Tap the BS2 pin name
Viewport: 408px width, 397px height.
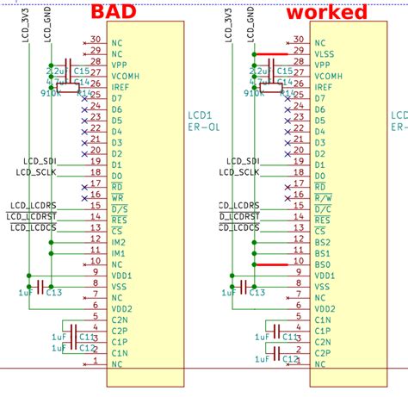point(322,243)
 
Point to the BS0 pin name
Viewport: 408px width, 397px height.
point(322,265)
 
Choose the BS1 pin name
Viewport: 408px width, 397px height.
point(322,254)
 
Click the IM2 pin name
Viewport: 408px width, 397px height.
point(118,243)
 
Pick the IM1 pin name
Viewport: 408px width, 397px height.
point(118,254)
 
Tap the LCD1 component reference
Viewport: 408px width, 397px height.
point(200,115)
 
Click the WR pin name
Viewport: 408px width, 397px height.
point(118,198)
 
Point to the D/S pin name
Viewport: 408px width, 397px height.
point(118,209)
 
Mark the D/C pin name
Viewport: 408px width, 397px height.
point(323,209)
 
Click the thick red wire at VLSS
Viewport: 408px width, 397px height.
point(270,53)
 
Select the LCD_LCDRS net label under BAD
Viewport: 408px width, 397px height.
point(32,206)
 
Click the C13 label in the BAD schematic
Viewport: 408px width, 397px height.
point(54,294)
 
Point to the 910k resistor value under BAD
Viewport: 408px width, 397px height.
point(49,92)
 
